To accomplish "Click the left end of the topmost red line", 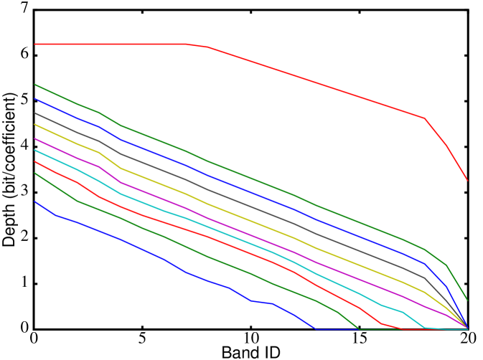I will click(x=35, y=44).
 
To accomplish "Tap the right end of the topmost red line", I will click(x=467, y=180).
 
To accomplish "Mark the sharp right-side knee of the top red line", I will click(x=424, y=118).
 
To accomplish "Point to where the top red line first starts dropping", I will click(x=187, y=44).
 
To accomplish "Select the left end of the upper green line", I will click(x=35, y=85).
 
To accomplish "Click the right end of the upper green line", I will click(x=467, y=300).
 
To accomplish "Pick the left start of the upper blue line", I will click(x=35, y=99).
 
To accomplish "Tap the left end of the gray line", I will click(x=35, y=113).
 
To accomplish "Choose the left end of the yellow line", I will click(x=35, y=125).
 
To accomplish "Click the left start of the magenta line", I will click(x=35, y=139).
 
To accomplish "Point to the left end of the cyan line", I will click(x=35, y=151).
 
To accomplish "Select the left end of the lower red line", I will click(x=35, y=162).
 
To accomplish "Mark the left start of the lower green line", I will click(x=35, y=174).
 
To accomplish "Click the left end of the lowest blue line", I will click(x=35, y=202).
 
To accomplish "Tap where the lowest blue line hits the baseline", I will click(x=316, y=329).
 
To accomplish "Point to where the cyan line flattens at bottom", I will click(x=425, y=328).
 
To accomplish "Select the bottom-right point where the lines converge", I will click(x=467, y=329).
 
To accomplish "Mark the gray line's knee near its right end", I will click(x=426, y=278).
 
